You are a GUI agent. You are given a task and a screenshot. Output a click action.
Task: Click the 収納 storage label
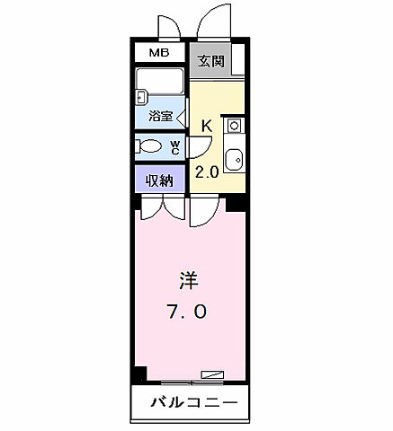(160, 180)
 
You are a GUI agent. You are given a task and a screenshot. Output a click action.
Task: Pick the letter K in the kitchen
(206, 126)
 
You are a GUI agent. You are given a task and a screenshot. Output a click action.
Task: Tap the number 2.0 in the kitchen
(207, 172)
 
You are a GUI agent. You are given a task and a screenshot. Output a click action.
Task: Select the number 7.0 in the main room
(187, 312)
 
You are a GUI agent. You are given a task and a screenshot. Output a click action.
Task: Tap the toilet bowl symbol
(150, 146)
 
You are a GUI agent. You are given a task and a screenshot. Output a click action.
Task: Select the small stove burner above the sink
(233, 126)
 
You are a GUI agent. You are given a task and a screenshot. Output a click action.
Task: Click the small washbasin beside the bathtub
(141, 96)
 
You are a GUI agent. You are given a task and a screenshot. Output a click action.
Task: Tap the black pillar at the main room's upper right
(237, 204)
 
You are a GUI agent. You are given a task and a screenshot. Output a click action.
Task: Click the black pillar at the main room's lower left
(139, 374)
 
